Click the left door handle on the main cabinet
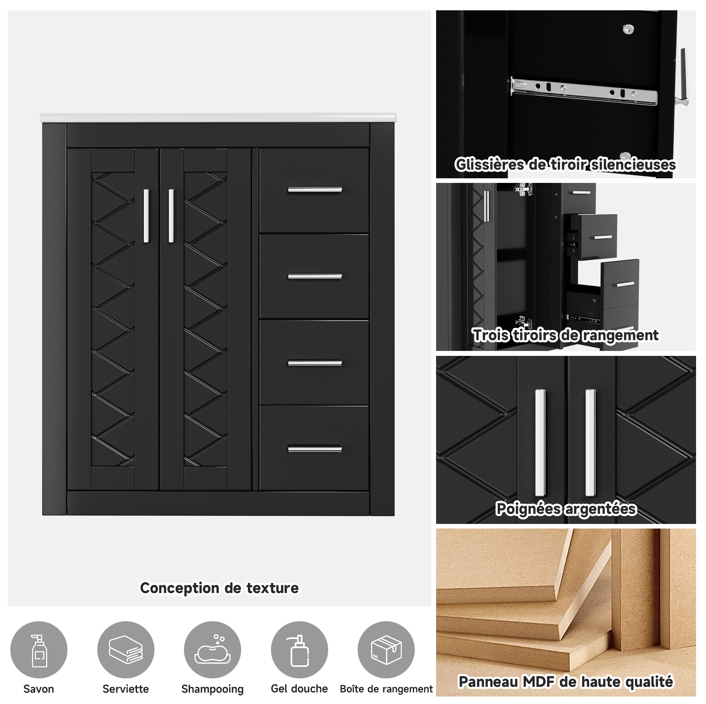point(147,216)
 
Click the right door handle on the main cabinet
point(171,216)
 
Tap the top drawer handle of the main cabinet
point(315,190)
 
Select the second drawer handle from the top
point(315,276)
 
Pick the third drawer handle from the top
point(315,363)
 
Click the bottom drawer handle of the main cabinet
point(315,449)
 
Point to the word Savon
point(39,689)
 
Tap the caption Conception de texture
point(219,589)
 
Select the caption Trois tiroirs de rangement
point(566,335)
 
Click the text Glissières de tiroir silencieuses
point(565,165)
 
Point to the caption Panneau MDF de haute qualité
point(566,682)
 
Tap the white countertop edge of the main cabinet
point(218,118)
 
